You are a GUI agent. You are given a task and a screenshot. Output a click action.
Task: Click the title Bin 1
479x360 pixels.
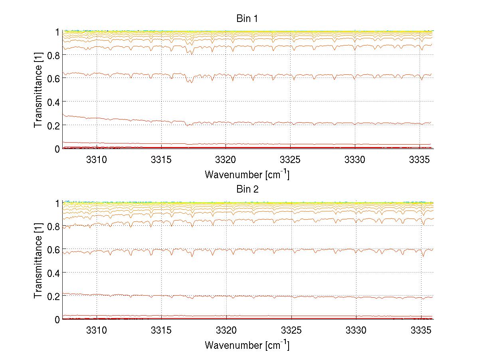(x=247, y=18)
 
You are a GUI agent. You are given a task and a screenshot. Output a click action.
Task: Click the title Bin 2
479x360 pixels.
(x=247, y=189)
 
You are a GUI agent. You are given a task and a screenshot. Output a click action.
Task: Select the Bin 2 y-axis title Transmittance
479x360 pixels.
(x=38, y=261)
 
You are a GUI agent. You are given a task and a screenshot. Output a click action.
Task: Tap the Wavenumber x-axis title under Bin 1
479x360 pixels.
(x=247, y=174)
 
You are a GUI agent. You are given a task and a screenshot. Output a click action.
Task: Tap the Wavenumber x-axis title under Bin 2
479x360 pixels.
(x=247, y=345)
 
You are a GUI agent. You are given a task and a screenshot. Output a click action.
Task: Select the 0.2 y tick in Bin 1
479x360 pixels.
(x=53, y=125)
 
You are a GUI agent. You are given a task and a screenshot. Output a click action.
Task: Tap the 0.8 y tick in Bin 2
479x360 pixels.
(x=53, y=226)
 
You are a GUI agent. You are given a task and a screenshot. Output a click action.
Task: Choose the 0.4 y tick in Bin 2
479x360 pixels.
(x=53, y=273)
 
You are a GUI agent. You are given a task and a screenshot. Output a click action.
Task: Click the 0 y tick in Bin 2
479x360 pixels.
(x=57, y=320)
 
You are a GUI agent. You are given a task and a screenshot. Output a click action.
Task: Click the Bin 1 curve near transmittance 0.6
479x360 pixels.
(x=279, y=75)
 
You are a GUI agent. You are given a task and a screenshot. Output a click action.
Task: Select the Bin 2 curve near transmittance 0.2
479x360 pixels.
(x=279, y=297)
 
